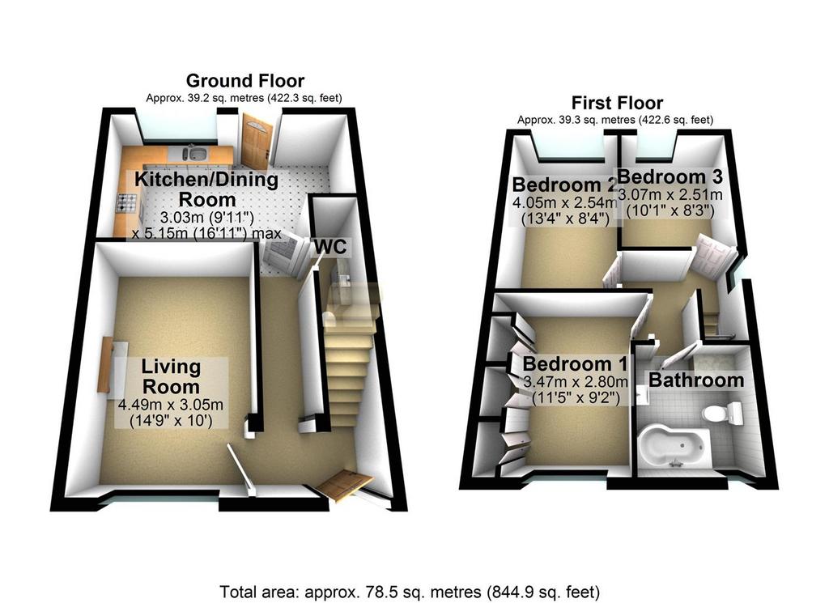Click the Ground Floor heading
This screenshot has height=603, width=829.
[244, 81]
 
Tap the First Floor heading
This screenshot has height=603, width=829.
[617, 103]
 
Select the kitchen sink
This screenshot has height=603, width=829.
[196, 153]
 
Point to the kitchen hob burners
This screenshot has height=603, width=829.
[127, 203]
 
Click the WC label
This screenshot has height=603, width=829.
[330, 246]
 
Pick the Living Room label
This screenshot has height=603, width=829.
[172, 376]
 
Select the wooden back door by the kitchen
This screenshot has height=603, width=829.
[257, 140]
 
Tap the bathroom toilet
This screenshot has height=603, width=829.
[722, 410]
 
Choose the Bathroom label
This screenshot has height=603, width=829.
[696, 380]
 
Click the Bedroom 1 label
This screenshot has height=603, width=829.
[576, 364]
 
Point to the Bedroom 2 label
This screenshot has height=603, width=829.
[564, 185]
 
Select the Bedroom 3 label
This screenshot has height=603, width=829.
[670, 176]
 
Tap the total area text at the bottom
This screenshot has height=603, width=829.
[410, 591]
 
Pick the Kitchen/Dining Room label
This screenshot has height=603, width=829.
[206, 189]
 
